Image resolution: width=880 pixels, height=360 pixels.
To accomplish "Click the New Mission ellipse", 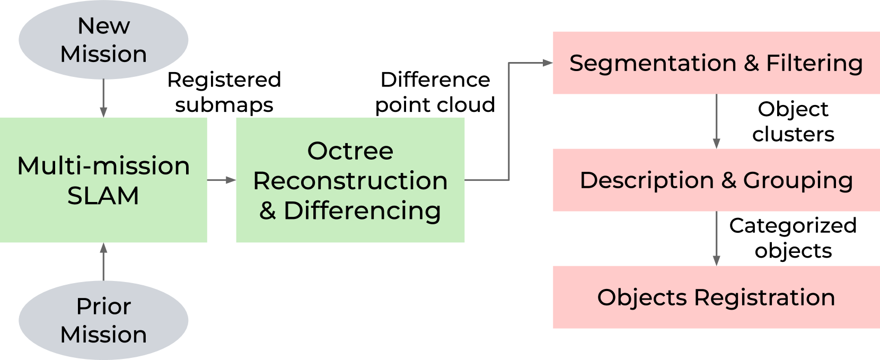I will [103, 40].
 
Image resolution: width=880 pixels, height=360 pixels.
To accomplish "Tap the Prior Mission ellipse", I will [103, 320].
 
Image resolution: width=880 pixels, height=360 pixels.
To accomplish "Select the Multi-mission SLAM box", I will [103, 180].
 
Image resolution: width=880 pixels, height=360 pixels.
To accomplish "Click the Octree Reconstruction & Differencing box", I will [350, 180].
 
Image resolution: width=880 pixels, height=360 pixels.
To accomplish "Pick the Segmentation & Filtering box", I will [716, 63].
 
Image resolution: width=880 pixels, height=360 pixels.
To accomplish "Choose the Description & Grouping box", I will [716, 180].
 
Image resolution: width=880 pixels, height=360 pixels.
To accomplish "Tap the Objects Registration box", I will [716, 297].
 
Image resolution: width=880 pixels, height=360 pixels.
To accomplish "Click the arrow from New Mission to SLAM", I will [103, 99].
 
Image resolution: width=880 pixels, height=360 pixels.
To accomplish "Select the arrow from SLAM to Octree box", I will [222, 180].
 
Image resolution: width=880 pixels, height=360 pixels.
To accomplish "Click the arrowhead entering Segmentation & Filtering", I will [548, 63].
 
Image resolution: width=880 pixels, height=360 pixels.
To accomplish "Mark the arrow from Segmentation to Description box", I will [716, 122].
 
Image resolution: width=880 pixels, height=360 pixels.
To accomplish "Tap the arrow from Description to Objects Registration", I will [716, 239].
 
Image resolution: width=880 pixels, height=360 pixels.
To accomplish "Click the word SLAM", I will [103, 196].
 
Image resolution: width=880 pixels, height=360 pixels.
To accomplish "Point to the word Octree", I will [350, 152].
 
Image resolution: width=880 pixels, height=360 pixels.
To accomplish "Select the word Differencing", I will [362, 211].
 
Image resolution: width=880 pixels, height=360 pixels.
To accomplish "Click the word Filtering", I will [814, 64].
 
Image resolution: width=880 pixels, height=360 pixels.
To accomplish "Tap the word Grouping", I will [798, 181].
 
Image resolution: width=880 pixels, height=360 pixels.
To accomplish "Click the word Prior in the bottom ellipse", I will [103, 306].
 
